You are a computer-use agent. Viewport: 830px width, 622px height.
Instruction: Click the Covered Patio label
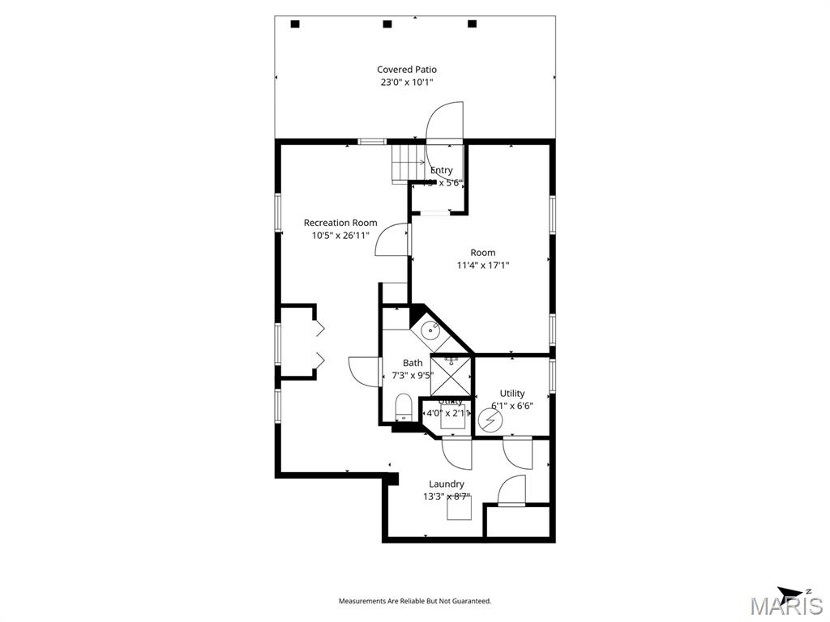point(406,70)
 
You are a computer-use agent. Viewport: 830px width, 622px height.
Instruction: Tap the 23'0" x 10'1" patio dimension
point(406,82)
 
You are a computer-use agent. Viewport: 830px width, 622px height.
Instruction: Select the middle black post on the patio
point(387,23)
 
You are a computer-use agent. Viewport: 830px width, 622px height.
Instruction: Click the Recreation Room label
point(340,223)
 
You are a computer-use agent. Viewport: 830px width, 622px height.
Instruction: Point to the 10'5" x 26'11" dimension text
point(340,236)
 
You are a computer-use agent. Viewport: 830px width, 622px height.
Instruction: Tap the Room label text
point(483,253)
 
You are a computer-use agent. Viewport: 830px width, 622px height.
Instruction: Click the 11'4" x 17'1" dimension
point(483,265)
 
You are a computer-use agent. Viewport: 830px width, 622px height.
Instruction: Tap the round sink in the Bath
point(430,330)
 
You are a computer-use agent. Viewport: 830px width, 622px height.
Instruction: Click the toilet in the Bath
point(403,406)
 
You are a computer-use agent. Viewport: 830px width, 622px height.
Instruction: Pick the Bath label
point(413,363)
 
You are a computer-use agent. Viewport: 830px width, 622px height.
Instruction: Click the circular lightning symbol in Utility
point(490,420)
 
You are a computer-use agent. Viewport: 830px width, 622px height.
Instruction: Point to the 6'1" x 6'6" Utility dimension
point(512,406)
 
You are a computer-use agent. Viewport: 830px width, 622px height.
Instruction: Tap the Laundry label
point(447,484)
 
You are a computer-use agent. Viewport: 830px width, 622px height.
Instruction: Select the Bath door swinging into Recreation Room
point(363,372)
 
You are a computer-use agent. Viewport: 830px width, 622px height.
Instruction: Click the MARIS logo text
point(786,606)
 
